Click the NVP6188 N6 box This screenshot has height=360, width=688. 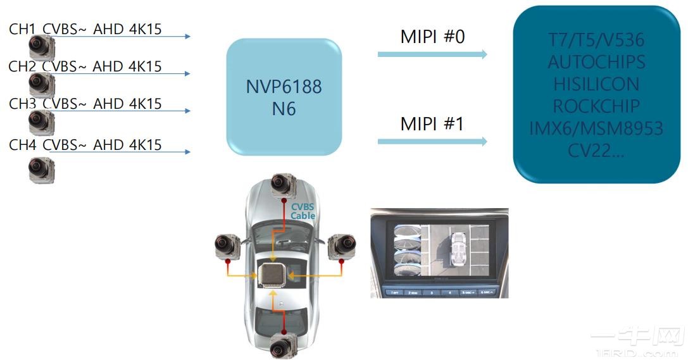[284, 97]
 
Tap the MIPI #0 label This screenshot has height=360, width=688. [432, 37]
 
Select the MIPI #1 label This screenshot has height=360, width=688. [432, 124]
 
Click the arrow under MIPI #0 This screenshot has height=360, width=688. [432, 54]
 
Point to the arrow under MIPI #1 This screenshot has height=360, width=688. [432, 142]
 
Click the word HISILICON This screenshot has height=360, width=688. [596, 84]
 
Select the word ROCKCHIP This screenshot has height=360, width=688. [596, 106]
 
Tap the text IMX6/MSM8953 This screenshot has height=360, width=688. [596, 128]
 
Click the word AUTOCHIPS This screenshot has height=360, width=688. [596, 62]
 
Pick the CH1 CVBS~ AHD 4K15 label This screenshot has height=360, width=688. [85, 28]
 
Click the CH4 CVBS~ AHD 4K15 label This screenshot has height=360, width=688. [85, 145]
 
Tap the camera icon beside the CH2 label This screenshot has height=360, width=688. [42, 82]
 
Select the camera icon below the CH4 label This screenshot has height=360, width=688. [42, 170]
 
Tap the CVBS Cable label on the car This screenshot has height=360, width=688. [303, 211]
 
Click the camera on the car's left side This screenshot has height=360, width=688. [228, 247]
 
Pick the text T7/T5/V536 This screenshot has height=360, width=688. [596, 40]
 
